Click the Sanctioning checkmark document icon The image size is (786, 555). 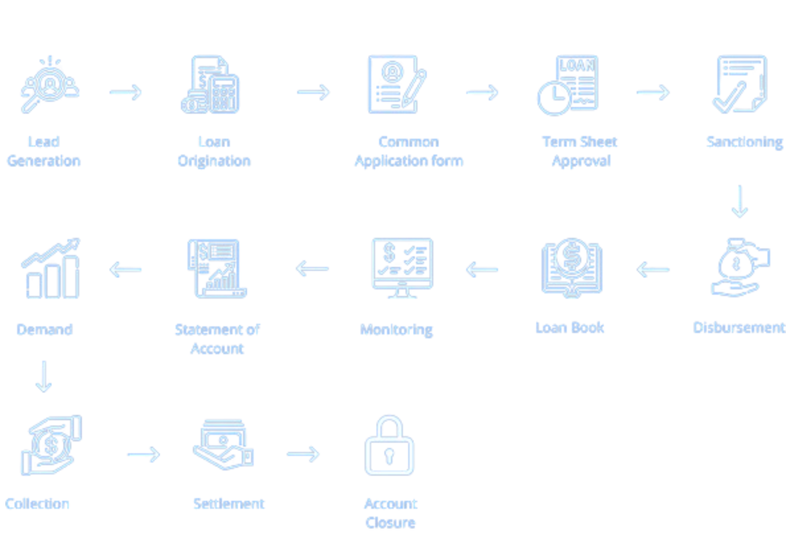coord(740,85)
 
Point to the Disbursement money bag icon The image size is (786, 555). coord(740,268)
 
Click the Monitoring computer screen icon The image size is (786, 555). coord(402,268)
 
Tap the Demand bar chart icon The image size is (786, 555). coord(50,269)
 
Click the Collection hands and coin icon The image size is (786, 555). coord(50,445)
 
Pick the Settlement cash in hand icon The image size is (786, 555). coord(224,446)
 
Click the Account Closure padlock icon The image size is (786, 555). coord(389,446)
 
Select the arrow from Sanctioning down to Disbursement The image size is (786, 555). coord(740,202)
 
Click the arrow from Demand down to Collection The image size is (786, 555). coord(44,376)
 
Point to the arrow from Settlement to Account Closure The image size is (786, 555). coord(303,454)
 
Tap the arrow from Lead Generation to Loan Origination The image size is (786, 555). coord(125,92)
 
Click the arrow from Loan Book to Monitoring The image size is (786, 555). coord(482,270)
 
